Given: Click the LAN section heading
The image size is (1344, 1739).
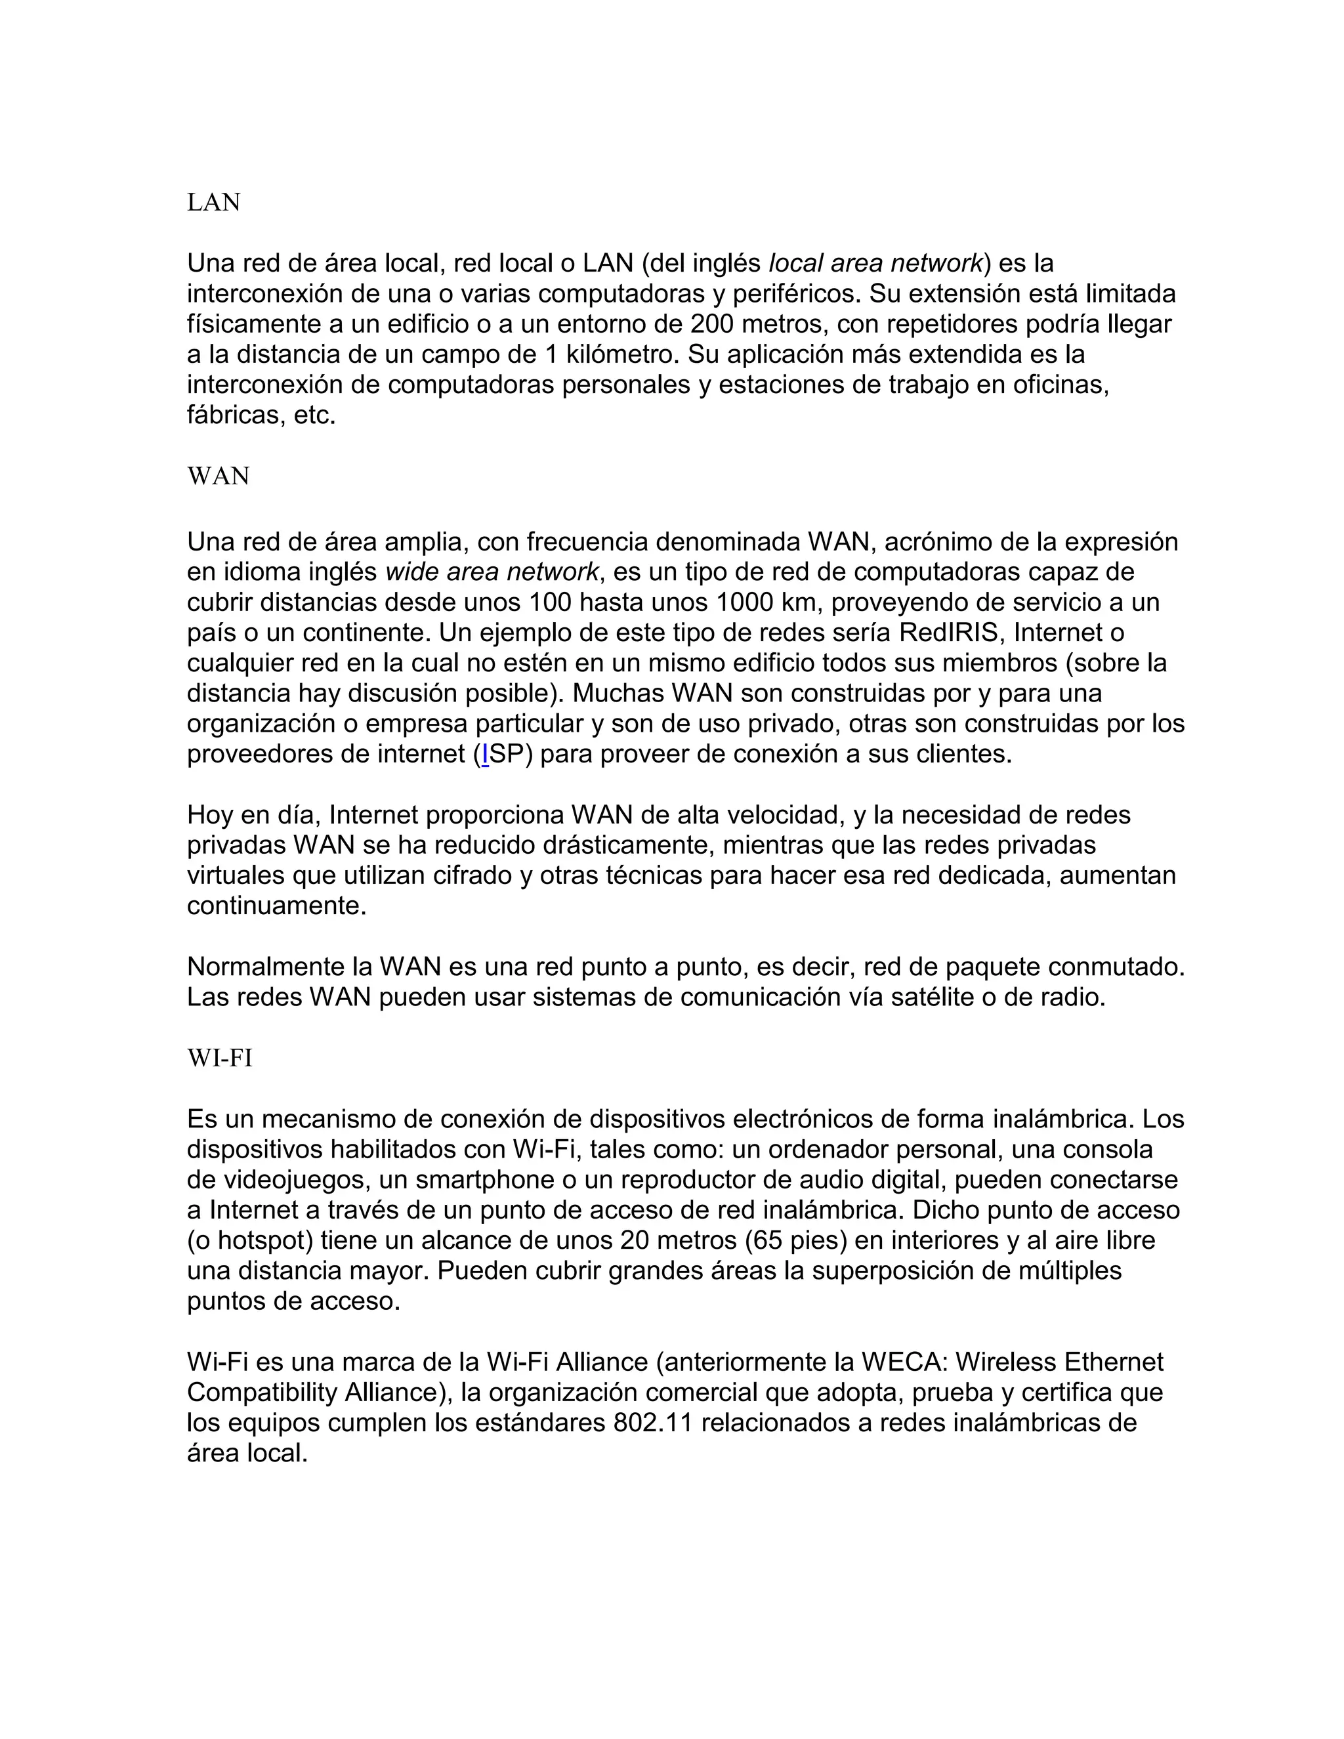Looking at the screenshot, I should coord(213,202).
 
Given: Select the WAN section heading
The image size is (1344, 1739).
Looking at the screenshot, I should coord(218,476).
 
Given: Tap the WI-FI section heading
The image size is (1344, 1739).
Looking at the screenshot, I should coord(220,1058).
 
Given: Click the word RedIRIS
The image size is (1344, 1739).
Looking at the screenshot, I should coord(948,633).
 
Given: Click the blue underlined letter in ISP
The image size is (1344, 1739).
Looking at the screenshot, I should coord(485,754).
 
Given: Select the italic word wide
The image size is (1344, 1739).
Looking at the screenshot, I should coord(411,572).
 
